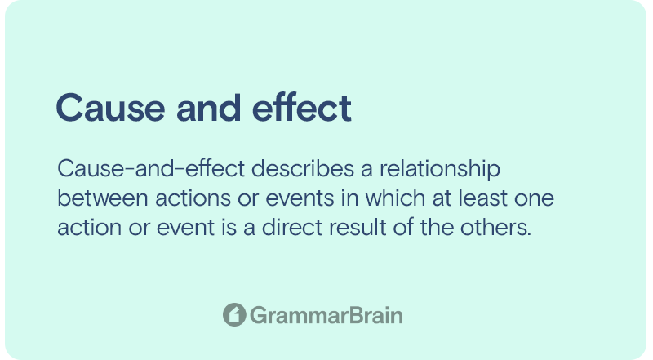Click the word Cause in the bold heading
pyautogui.click(x=110, y=108)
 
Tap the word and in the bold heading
pyautogui.click(x=209, y=107)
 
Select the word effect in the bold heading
pyautogui.click(x=302, y=107)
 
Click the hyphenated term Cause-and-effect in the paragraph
pyautogui.click(x=151, y=169)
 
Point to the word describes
pyautogui.click(x=303, y=169)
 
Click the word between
pyautogui.click(x=103, y=198)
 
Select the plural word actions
pyautogui.click(x=193, y=198)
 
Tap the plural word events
pyautogui.click(x=300, y=198)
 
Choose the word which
pyautogui.click(x=395, y=198)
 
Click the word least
pyautogui.click(x=482, y=198)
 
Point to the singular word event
pyautogui.click(x=186, y=228)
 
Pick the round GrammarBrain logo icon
pyautogui.click(x=234, y=314)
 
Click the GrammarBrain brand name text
pyautogui.click(x=326, y=315)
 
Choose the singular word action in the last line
pyautogui.click(x=90, y=228)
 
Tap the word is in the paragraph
pyautogui.click(x=229, y=227)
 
